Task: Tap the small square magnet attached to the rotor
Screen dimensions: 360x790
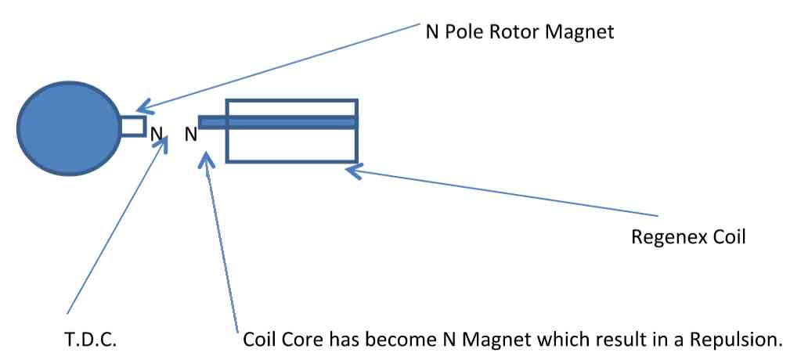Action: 132,126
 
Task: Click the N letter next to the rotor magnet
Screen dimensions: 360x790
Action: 157,135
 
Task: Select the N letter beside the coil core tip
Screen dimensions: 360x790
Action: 190,135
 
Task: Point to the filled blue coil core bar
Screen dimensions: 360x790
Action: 278,122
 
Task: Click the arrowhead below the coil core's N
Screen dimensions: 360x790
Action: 206,159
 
